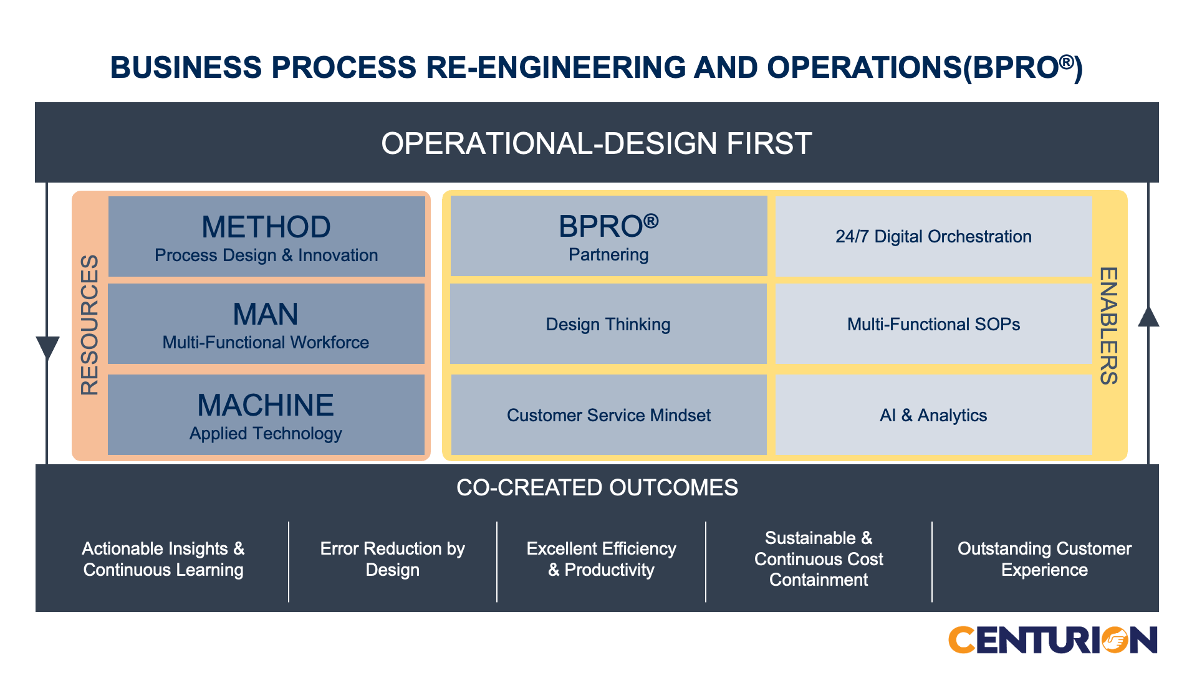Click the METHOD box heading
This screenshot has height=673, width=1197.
(x=266, y=227)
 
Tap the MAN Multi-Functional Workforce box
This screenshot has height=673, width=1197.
(x=266, y=323)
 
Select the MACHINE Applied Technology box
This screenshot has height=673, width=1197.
(x=266, y=414)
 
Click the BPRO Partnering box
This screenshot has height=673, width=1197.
(x=608, y=236)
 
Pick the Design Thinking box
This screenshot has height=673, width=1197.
(x=608, y=323)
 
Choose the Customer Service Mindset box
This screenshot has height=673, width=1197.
(x=608, y=414)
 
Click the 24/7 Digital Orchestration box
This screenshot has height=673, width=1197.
(x=933, y=236)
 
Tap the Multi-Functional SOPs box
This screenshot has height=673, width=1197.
(x=933, y=323)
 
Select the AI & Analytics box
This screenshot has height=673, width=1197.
(x=933, y=414)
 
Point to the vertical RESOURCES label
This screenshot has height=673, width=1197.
(x=90, y=325)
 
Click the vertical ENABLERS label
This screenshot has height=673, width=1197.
(x=1108, y=326)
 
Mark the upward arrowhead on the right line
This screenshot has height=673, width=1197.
(x=1148, y=316)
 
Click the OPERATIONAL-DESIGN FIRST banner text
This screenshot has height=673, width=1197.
(x=597, y=143)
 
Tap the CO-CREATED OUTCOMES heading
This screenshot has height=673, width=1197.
(x=597, y=487)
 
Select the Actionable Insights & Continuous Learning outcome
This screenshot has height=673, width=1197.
(x=163, y=559)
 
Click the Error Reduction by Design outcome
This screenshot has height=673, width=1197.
(x=393, y=559)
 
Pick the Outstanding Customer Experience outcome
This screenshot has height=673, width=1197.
(x=1045, y=559)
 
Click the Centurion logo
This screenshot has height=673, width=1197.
(x=1053, y=640)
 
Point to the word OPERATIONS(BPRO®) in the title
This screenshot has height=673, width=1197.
(x=925, y=67)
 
